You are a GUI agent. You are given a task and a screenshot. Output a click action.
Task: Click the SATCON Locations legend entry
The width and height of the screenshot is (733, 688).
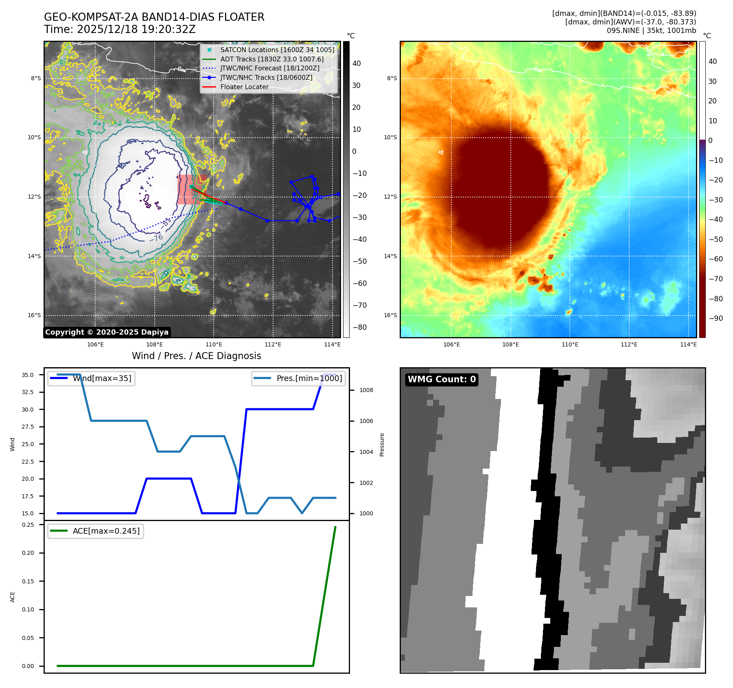pos(277,50)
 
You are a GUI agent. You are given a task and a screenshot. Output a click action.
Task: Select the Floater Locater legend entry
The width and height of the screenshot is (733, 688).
pos(244,87)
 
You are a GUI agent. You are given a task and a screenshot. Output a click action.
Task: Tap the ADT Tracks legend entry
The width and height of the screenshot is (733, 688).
pos(272,59)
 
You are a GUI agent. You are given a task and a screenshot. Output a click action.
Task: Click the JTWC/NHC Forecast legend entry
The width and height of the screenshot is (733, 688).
pos(270,68)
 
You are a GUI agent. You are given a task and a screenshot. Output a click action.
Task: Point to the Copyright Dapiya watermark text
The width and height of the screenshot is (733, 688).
pos(107,332)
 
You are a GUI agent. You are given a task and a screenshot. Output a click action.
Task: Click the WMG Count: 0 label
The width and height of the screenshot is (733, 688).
pos(442,379)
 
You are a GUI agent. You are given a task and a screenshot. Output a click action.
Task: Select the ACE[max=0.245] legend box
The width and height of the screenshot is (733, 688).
pos(96,531)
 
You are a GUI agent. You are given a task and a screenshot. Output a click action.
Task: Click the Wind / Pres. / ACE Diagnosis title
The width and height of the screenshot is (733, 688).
pos(196,356)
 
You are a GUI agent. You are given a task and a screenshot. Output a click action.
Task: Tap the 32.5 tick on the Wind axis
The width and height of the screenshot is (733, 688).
pos(28,392)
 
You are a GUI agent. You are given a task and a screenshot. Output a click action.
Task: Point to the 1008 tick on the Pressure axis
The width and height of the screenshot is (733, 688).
pos(366,390)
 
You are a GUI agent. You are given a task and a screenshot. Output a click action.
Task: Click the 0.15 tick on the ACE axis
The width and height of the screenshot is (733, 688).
pos(28,581)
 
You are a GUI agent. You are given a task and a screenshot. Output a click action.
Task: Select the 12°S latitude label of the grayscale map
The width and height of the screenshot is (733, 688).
pos(34,197)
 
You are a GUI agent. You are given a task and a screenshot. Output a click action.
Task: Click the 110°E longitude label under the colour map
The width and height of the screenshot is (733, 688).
pos(570,344)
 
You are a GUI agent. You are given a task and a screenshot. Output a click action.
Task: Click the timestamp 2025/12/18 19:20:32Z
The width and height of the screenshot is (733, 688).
pos(136,29)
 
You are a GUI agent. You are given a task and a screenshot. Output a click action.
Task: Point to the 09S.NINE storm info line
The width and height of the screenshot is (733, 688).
pos(651,31)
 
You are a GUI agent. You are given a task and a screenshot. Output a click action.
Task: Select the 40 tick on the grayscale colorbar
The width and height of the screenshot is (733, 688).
pos(357,64)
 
